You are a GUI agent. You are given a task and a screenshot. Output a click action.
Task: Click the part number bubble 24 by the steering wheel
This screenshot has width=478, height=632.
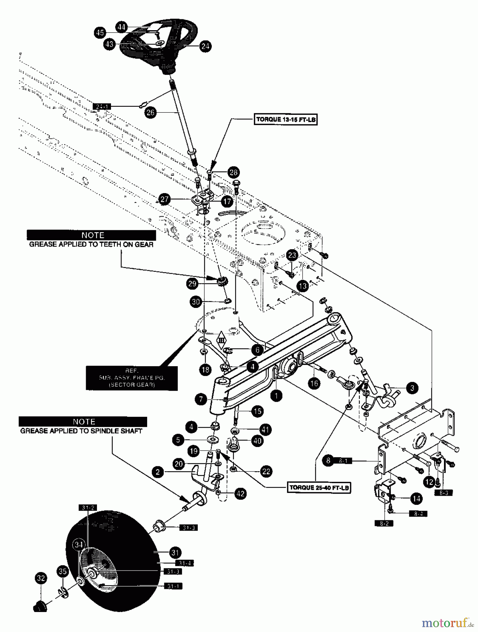[x=205, y=46]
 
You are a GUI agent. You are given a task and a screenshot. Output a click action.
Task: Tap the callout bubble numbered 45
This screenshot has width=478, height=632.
[x=100, y=33]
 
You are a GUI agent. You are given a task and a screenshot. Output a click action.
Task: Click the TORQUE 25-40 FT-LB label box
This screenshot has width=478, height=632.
[x=319, y=487]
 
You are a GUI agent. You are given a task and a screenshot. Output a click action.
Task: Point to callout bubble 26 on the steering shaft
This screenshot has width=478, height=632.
[x=150, y=113]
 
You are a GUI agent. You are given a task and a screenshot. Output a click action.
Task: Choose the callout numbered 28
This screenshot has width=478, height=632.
[x=233, y=172]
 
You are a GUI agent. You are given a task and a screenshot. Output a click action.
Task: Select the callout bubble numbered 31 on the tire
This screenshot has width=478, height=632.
[x=175, y=552]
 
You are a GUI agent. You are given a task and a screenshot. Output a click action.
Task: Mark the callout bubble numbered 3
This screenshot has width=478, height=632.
[x=412, y=388]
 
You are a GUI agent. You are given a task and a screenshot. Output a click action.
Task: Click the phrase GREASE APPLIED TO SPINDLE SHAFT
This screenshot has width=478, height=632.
[x=81, y=431]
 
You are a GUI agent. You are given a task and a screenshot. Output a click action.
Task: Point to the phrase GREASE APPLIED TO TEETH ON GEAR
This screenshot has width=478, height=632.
[x=91, y=245]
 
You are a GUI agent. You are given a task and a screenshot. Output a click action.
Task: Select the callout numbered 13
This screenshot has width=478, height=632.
[x=302, y=286]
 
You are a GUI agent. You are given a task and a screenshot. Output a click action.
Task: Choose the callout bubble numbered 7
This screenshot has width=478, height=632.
[x=201, y=399]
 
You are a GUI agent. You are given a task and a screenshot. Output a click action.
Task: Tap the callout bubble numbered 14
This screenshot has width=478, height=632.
[x=416, y=499]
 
